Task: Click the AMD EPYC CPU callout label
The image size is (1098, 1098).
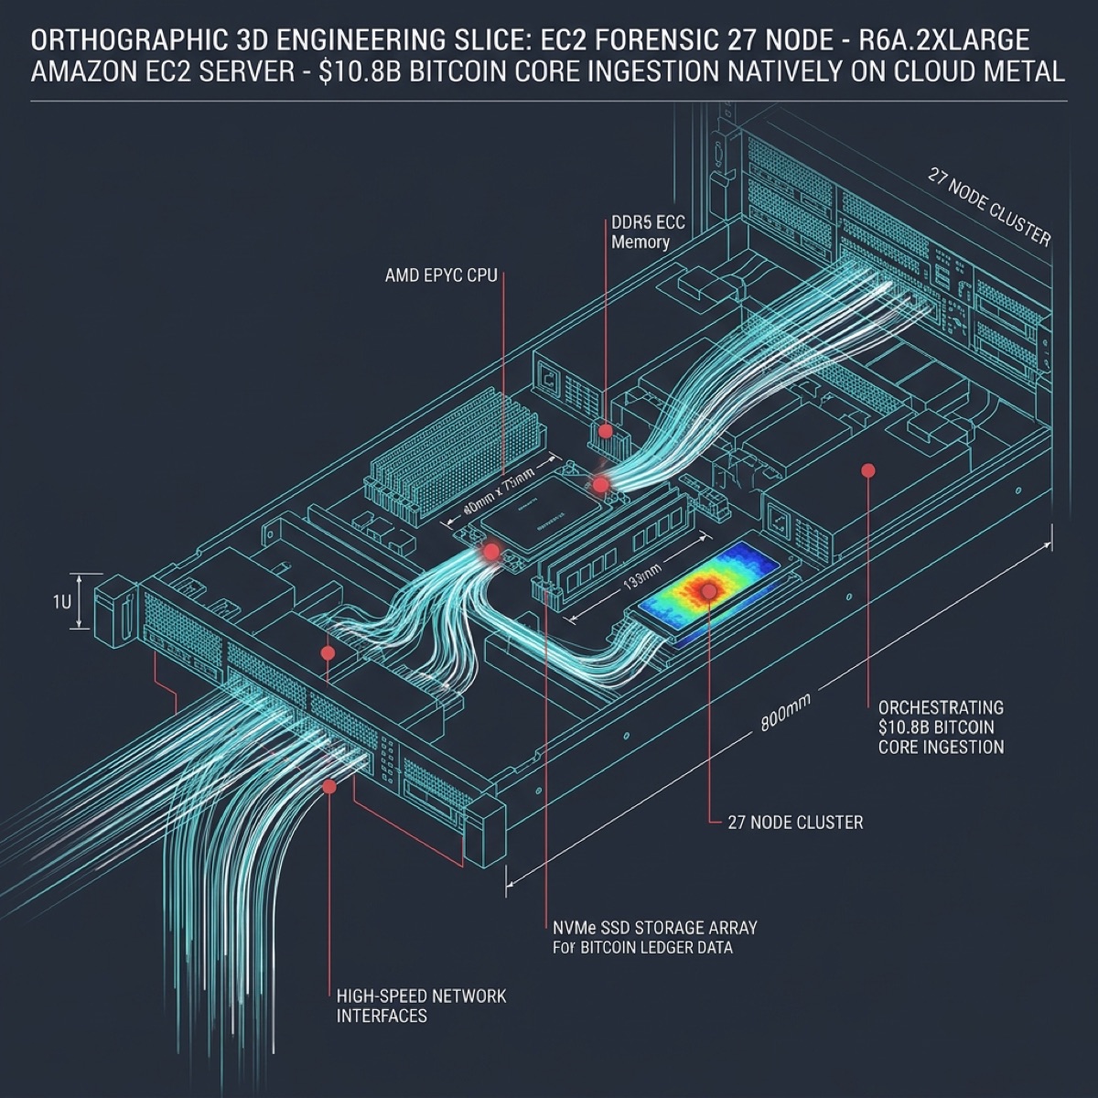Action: [x=441, y=274]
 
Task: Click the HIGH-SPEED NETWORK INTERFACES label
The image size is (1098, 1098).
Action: [x=421, y=1006]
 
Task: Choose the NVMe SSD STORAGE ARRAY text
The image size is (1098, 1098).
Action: [x=655, y=928]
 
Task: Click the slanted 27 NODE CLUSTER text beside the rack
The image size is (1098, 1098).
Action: [x=989, y=207]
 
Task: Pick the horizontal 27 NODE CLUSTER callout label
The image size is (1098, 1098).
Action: [x=795, y=823]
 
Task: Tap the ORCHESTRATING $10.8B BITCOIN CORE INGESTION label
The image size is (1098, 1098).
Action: [x=941, y=727]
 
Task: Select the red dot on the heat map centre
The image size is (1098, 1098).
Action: [x=709, y=592]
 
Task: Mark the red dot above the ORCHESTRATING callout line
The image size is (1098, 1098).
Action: [x=868, y=470]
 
